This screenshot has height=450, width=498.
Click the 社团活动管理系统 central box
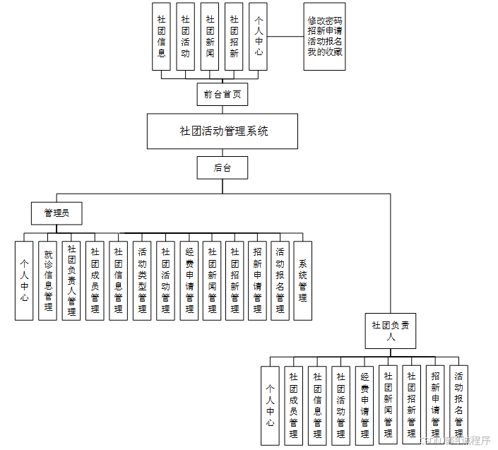tap(223, 131)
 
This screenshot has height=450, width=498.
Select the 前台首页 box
tap(222, 94)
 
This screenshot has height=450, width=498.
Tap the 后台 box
tap(222, 167)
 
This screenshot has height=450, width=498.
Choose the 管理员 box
tap(57, 213)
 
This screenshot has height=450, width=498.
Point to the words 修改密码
tap(325, 21)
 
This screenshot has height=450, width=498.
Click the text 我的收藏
tap(325, 51)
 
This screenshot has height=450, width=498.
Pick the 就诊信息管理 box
tap(47, 280)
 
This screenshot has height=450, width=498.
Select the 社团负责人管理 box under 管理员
tap(71, 280)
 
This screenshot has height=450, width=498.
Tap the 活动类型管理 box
tap(142, 280)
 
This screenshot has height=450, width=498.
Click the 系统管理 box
tap(303, 280)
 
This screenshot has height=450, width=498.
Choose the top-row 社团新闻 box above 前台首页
tap(210, 36)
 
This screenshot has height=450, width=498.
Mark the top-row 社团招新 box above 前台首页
tap(234, 36)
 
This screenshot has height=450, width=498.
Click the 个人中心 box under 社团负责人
tap(270, 405)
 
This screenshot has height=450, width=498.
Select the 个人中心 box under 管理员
tap(24, 280)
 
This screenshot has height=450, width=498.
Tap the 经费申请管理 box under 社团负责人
tap(364, 405)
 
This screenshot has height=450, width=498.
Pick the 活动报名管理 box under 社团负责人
tap(459, 405)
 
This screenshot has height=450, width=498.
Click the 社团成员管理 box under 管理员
tap(95, 280)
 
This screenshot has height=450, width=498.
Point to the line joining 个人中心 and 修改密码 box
tap(285, 36)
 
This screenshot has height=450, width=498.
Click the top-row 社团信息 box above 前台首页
tap(162, 36)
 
